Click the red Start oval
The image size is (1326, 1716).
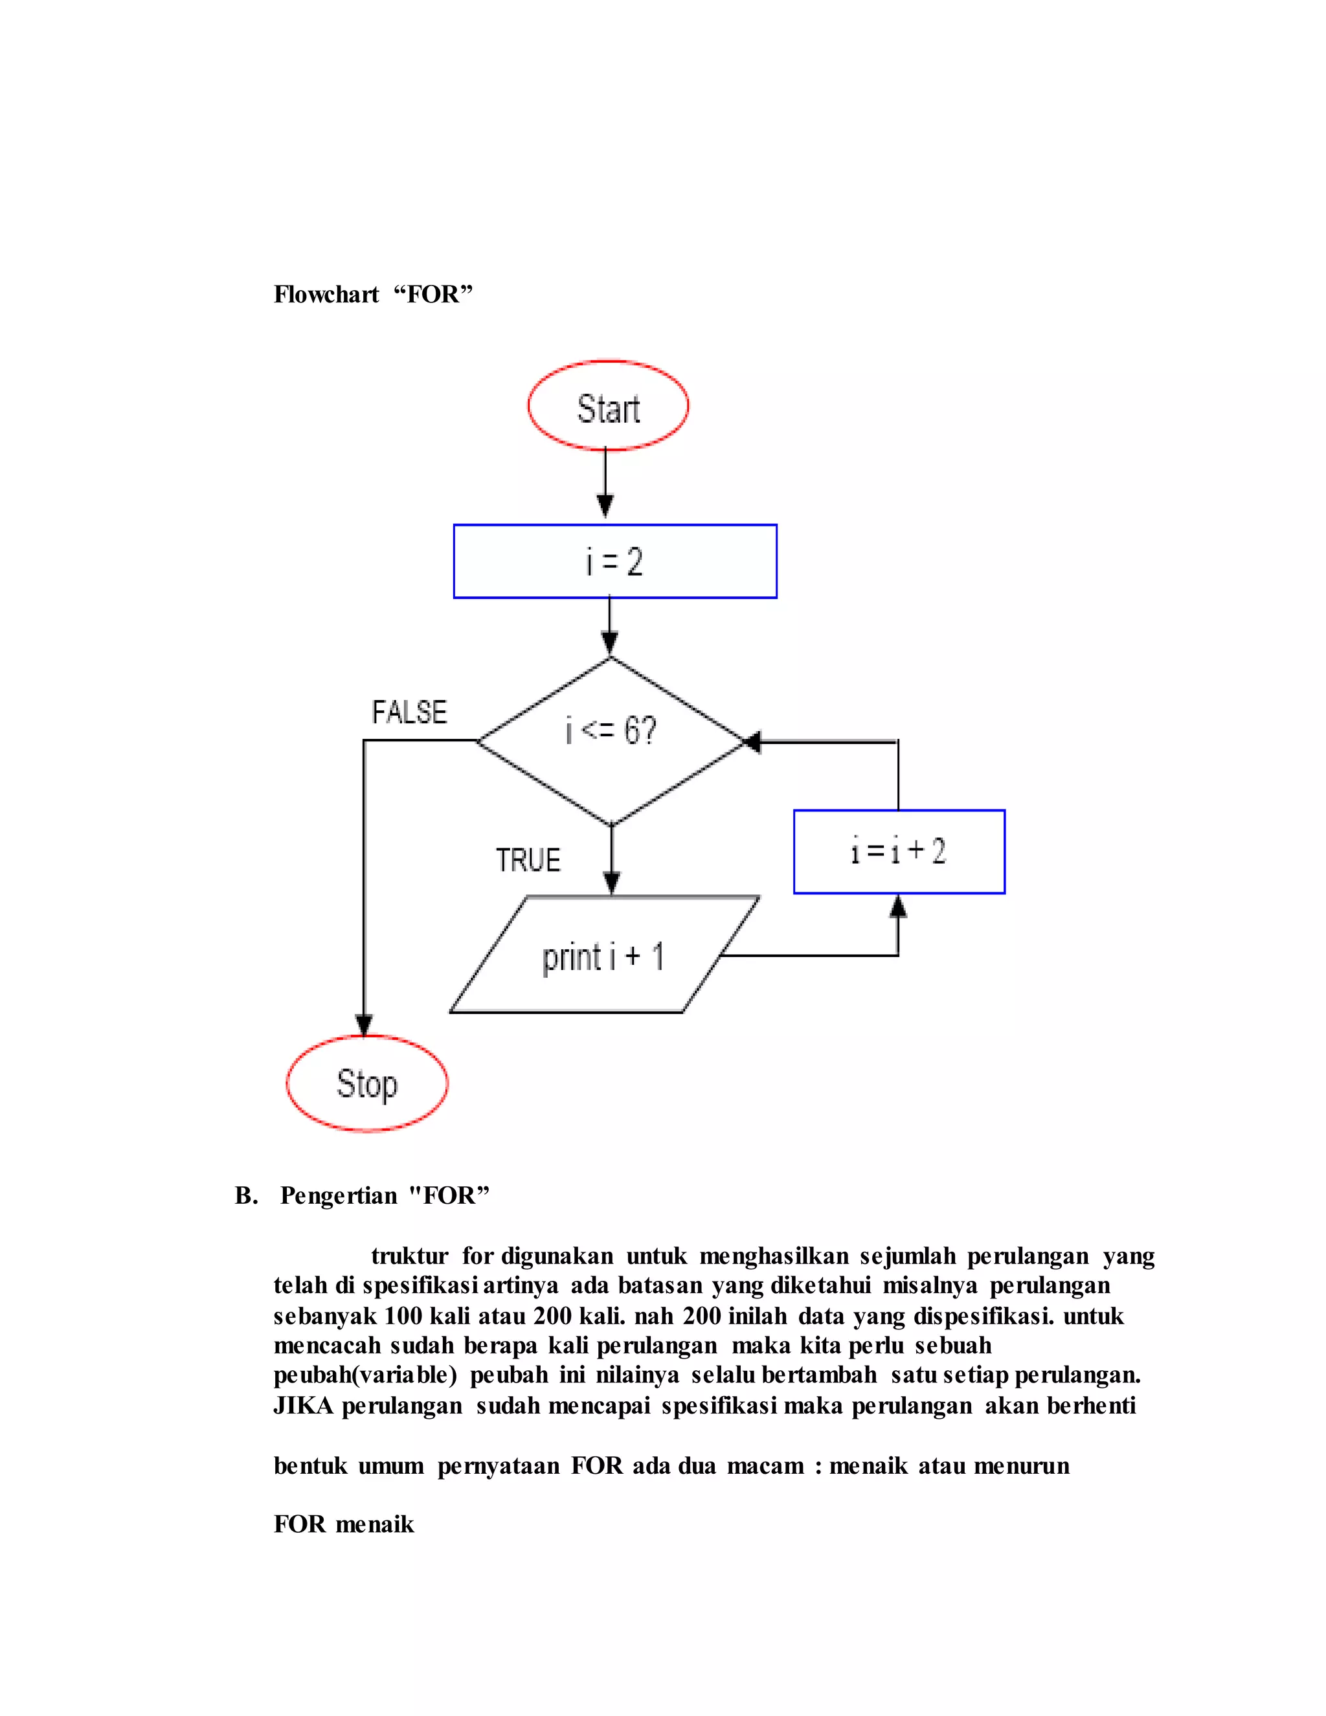[608, 406]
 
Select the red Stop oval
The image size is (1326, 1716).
[367, 1083]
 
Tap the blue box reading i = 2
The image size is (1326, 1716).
[615, 562]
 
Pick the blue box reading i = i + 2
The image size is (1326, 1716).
[899, 852]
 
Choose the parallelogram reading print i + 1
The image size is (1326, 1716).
[603, 955]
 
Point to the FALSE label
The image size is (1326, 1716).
[409, 713]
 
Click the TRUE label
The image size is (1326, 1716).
[528, 861]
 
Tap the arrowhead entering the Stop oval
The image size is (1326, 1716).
[364, 1024]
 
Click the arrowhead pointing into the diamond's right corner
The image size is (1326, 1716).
[752, 741]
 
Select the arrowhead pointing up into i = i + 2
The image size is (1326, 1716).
[898, 907]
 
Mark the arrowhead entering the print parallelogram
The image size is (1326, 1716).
[611, 883]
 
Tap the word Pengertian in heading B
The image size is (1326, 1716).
[339, 1196]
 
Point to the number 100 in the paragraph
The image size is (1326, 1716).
[402, 1316]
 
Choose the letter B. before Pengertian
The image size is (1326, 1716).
[246, 1196]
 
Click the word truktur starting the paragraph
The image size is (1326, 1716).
[409, 1256]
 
